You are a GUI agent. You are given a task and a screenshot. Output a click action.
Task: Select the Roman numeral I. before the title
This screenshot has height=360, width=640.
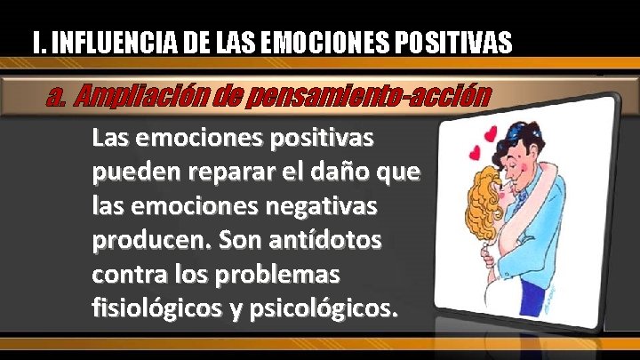pyautogui.click(x=36, y=42)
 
